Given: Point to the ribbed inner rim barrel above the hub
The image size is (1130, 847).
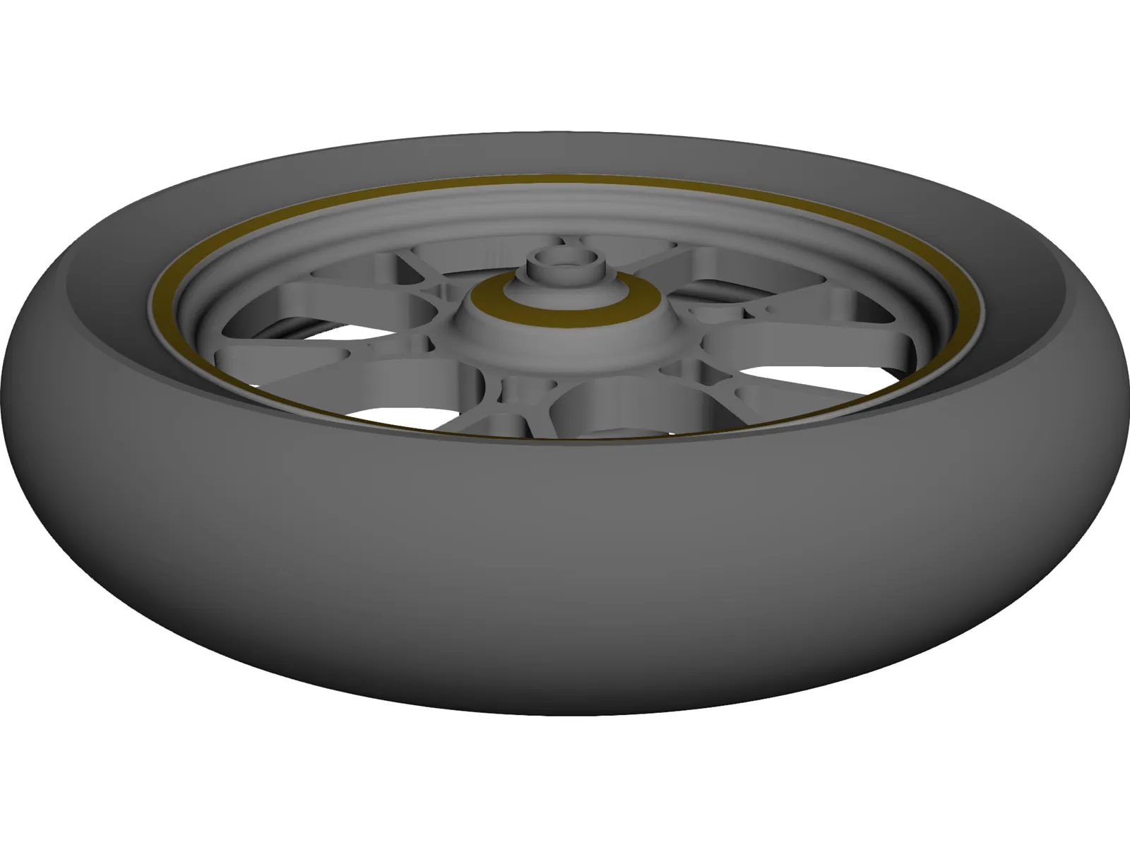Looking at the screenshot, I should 565,212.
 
